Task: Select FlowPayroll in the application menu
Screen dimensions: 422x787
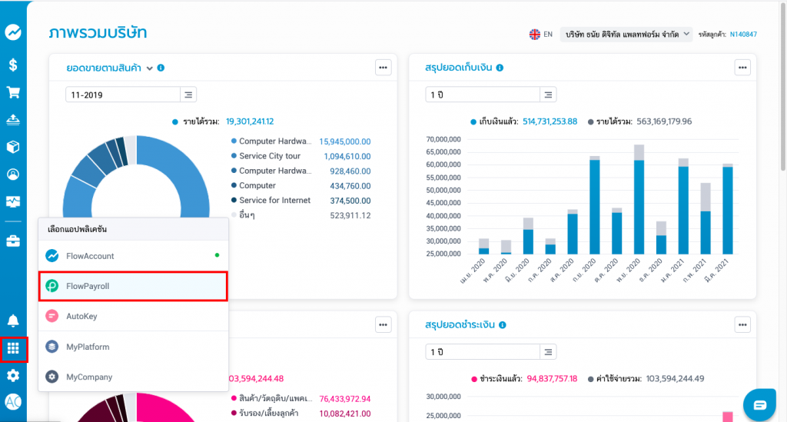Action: coord(133,286)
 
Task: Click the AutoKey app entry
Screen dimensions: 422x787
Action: coord(133,316)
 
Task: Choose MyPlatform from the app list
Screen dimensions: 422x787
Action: coord(133,347)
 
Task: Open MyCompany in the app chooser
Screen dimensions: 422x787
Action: coord(133,377)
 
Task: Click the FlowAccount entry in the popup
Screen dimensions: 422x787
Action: coord(133,255)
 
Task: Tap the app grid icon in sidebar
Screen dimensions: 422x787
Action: coord(13,348)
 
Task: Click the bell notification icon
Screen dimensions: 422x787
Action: coord(13,321)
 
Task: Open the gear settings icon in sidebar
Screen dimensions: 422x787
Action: coord(13,376)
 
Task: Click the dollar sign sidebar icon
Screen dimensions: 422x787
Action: coord(13,65)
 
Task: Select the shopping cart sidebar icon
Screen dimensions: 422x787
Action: coord(13,92)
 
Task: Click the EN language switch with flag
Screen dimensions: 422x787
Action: coord(540,35)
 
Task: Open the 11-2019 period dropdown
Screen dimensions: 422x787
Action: coord(131,95)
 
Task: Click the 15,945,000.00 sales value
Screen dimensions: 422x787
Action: coord(345,141)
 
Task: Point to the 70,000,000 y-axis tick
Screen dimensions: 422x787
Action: coord(443,139)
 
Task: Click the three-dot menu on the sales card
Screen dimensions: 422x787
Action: coord(383,68)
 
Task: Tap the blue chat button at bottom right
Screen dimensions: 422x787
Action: coord(759,404)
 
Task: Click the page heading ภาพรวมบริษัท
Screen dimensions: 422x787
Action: coord(98,33)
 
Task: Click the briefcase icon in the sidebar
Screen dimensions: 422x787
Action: coord(13,241)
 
